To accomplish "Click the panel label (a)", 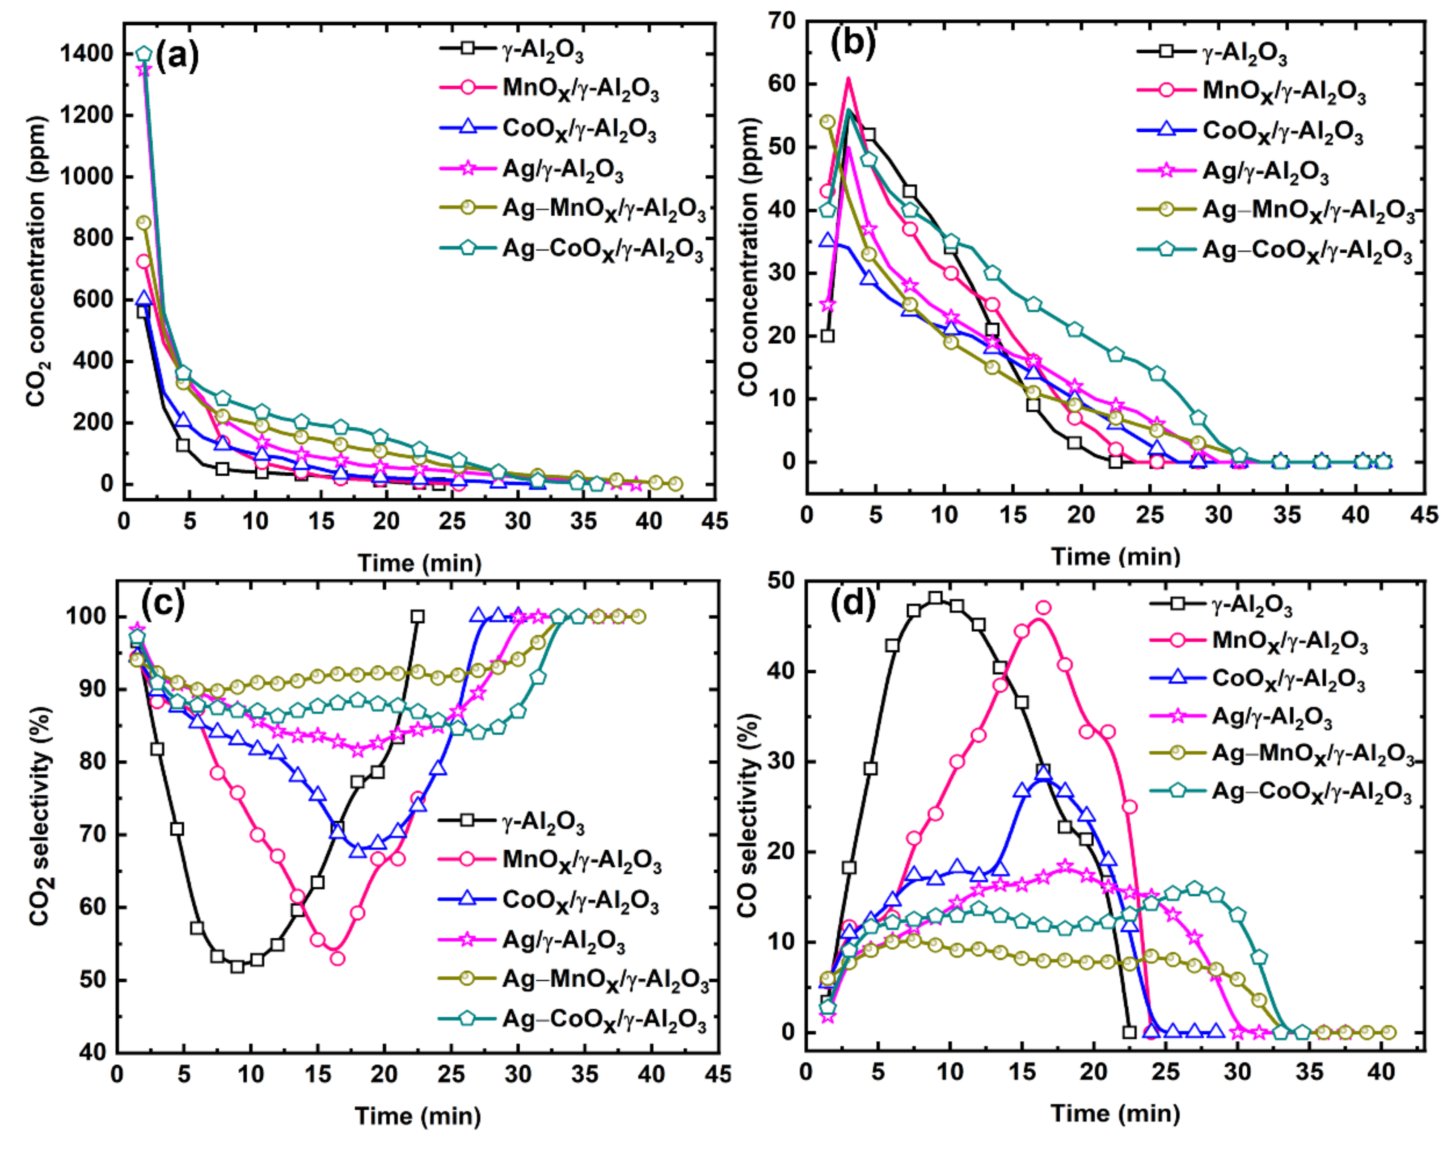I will click(x=177, y=57).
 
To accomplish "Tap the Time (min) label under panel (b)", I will click(x=1115, y=556).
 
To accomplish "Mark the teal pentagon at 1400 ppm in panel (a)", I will click(x=144, y=54).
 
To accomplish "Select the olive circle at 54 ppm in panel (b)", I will click(x=828, y=122).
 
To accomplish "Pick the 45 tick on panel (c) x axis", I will click(x=718, y=1074).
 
